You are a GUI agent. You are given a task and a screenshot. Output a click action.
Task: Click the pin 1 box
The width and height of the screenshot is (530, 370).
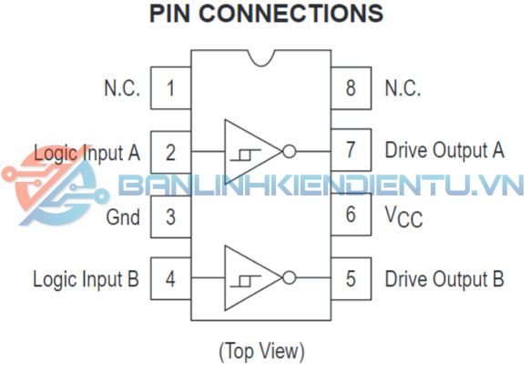(170, 88)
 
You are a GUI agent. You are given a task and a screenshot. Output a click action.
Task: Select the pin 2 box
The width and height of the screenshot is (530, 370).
(170, 152)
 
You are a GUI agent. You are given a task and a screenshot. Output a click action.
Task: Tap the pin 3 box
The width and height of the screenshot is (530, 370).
(170, 216)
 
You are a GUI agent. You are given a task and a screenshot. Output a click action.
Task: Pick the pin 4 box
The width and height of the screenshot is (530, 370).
(170, 278)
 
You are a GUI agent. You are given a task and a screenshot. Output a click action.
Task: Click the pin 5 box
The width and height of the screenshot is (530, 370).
(351, 278)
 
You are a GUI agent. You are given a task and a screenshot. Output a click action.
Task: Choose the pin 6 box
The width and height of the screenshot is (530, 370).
(351, 215)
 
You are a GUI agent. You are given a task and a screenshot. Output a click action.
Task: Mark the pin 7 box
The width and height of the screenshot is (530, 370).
(351, 150)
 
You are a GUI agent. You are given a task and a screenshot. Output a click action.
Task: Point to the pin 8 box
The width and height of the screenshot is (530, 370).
(351, 88)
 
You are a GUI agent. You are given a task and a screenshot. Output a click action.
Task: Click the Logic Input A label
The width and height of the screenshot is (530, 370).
(87, 154)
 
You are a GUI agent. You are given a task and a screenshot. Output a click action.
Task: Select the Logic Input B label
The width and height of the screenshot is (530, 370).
(86, 280)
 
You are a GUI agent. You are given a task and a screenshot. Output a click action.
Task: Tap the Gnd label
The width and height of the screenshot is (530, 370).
(123, 217)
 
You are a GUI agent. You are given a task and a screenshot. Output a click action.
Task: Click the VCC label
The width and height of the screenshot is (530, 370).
(403, 216)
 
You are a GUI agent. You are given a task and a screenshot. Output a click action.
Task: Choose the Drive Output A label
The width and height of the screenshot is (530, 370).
(444, 150)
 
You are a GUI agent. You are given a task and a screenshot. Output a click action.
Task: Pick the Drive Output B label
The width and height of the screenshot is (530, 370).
(444, 279)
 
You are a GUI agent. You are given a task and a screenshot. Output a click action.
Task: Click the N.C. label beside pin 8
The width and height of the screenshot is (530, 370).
(403, 88)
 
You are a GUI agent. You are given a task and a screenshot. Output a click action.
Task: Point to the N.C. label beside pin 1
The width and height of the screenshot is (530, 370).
(122, 88)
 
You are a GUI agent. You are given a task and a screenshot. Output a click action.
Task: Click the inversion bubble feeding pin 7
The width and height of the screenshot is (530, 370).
(290, 151)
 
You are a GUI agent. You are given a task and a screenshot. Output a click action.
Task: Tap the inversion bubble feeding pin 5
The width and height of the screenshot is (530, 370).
(290, 277)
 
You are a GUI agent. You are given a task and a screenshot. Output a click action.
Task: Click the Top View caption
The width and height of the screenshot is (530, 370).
(262, 351)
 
